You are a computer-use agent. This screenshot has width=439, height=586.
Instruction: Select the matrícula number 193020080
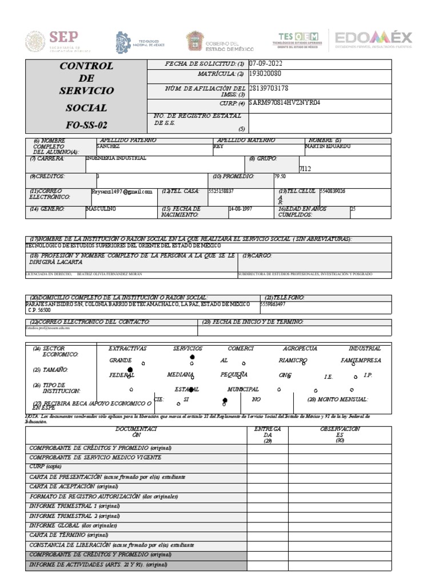[265, 74]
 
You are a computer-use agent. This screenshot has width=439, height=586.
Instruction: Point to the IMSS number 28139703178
[269, 88]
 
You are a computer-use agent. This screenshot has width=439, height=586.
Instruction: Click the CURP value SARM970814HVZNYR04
[277, 103]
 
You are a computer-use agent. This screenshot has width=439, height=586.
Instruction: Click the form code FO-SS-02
[86, 125]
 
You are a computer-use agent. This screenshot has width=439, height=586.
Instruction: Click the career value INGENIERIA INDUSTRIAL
[115, 158]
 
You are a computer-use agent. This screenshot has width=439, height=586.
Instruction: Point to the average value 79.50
[280, 177]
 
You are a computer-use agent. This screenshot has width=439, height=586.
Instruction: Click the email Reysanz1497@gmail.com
[122, 192]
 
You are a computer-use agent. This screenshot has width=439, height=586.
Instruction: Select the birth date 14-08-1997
[241, 209]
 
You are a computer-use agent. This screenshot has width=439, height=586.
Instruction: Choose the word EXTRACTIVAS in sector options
[127, 349]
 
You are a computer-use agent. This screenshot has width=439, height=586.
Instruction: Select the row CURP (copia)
[46, 467]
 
